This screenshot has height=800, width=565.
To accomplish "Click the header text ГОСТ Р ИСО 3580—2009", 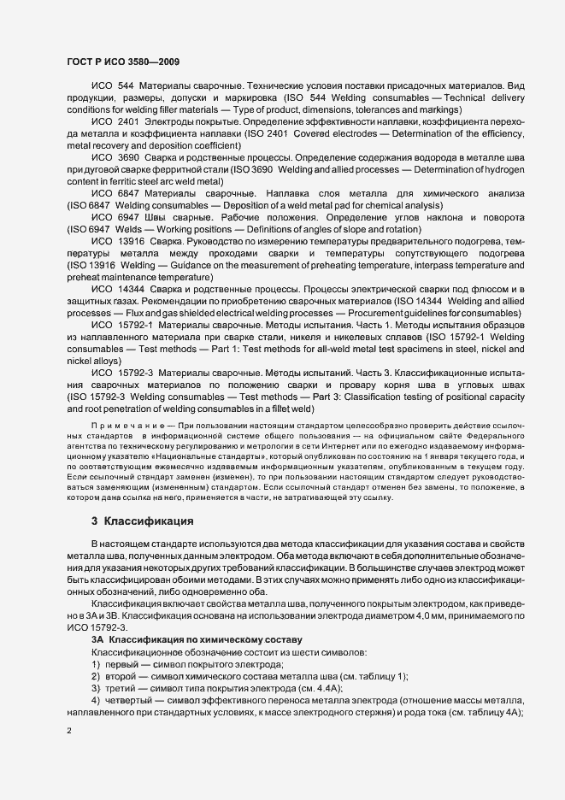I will pos(122,62).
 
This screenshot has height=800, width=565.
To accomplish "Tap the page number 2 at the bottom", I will pos(69,730).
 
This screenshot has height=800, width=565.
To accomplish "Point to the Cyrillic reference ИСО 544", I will pos(112,87).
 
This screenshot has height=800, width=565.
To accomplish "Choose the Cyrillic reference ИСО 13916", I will pos(117,243).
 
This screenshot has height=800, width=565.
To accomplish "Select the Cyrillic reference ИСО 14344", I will pos(117,291).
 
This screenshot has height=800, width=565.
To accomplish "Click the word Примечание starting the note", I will pos(121,425).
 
